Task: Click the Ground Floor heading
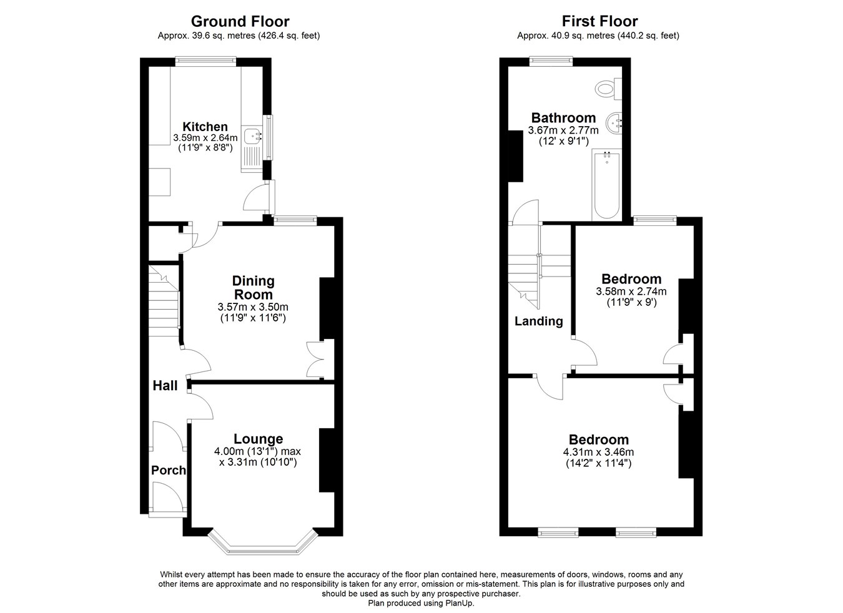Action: click(240, 21)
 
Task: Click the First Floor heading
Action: click(599, 21)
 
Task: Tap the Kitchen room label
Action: click(205, 127)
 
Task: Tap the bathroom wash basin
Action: click(614, 123)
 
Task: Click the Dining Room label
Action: click(254, 288)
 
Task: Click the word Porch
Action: click(168, 471)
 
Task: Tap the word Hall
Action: click(165, 386)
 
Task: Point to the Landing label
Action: click(538, 321)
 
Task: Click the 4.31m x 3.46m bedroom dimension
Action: click(598, 451)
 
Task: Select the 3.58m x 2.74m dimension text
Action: click(631, 292)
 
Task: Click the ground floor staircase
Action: click(164, 301)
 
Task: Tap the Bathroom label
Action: click(563, 118)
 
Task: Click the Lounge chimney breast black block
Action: click(327, 460)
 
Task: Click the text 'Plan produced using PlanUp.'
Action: click(421, 603)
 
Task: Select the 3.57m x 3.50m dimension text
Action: click(253, 307)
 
